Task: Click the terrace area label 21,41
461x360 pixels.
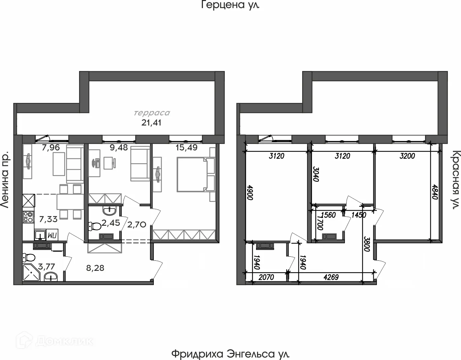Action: (151, 123)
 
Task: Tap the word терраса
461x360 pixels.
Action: (152, 113)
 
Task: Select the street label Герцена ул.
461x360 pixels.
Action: (230, 5)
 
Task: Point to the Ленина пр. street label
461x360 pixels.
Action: (5, 180)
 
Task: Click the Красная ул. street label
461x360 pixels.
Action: (456, 180)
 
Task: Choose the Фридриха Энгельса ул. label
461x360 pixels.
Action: (230, 354)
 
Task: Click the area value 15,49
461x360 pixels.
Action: (186, 148)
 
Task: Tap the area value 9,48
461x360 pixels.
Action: (119, 148)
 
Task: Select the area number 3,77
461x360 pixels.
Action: (46, 266)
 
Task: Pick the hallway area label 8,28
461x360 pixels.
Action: (95, 268)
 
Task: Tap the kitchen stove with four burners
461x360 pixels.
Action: (28, 217)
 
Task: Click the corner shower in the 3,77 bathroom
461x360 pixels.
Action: (31, 273)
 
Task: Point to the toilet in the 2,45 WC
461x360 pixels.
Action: (95, 226)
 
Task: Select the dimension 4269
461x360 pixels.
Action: (331, 277)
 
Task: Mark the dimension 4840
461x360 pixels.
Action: (435, 192)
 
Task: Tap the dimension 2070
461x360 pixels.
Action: (266, 277)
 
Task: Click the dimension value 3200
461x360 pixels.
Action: (407, 156)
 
